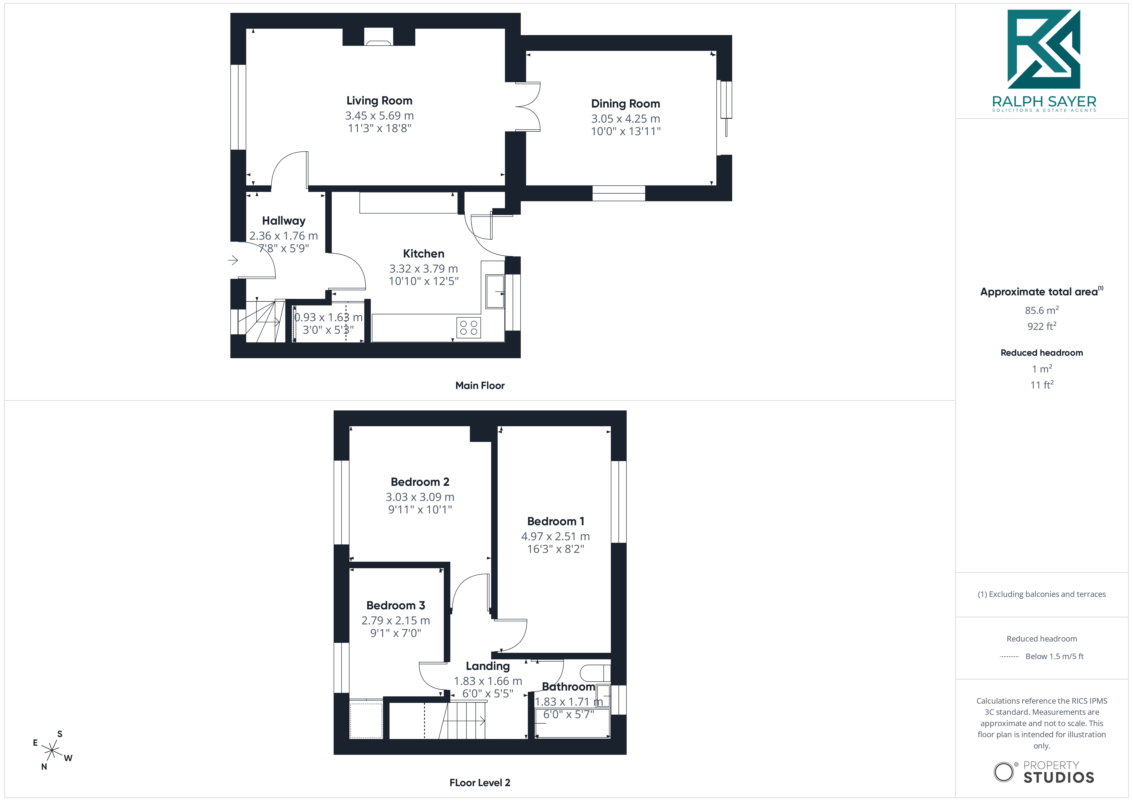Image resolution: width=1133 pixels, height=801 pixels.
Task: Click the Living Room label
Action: (379, 101)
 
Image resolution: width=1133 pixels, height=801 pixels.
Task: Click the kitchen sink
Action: (495, 292)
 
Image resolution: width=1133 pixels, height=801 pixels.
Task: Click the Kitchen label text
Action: (423, 254)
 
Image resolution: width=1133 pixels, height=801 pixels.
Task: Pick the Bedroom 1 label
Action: (556, 521)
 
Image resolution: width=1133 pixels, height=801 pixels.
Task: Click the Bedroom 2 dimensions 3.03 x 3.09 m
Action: (420, 497)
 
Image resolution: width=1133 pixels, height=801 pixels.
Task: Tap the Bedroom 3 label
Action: (396, 606)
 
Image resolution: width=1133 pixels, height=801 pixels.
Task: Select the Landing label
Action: (488, 666)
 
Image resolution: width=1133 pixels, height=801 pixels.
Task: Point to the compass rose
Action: (52, 750)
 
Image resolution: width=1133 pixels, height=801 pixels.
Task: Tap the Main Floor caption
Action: (480, 385)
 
